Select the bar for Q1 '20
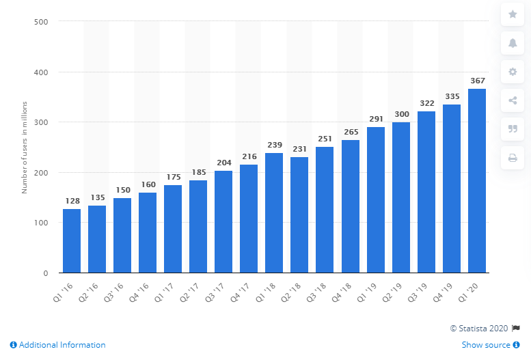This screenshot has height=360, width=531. [477, 181]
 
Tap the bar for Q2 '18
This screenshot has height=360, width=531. [299, 215]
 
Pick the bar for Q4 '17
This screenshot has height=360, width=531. [249, 219]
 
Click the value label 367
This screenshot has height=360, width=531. [477, 81]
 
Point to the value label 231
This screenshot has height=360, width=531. [299, 149]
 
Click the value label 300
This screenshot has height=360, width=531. [401, 114]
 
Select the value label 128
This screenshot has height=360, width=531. [72, 201]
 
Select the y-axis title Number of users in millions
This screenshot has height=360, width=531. [24, 148]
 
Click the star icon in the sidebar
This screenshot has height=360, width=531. [513, 13]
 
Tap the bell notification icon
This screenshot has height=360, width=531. [513, 42]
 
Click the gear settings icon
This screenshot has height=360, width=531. [513, 71]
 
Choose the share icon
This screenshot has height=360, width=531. [513, 100]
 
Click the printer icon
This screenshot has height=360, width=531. [513, 158]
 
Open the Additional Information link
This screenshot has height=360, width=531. [58, 345]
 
